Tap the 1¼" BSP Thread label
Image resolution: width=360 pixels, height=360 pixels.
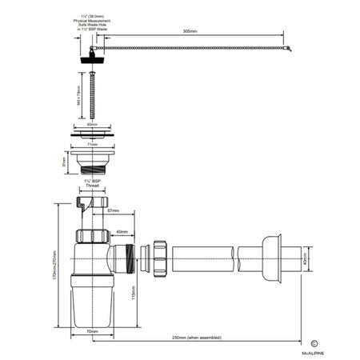click(91, 185)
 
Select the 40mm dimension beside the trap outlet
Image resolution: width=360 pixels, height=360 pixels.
click(122, 233)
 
